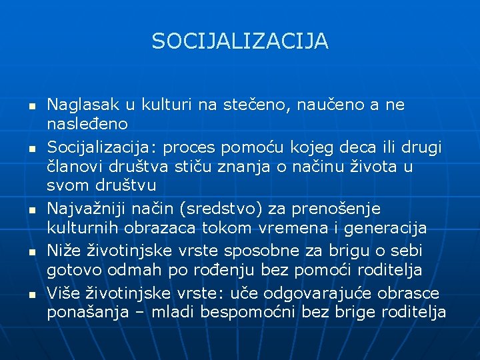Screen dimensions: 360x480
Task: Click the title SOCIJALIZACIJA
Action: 240,41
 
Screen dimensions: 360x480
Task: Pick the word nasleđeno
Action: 87,124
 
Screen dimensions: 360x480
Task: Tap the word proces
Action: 191,147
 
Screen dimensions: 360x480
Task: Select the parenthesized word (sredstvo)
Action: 243,209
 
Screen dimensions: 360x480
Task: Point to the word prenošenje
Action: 339,209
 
